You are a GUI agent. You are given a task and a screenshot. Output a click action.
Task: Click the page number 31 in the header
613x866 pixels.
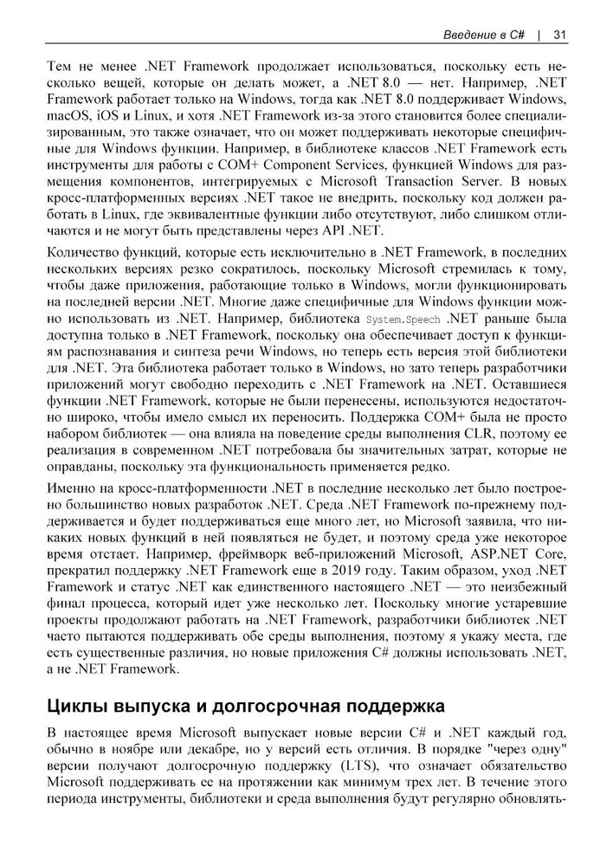(558, 35)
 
